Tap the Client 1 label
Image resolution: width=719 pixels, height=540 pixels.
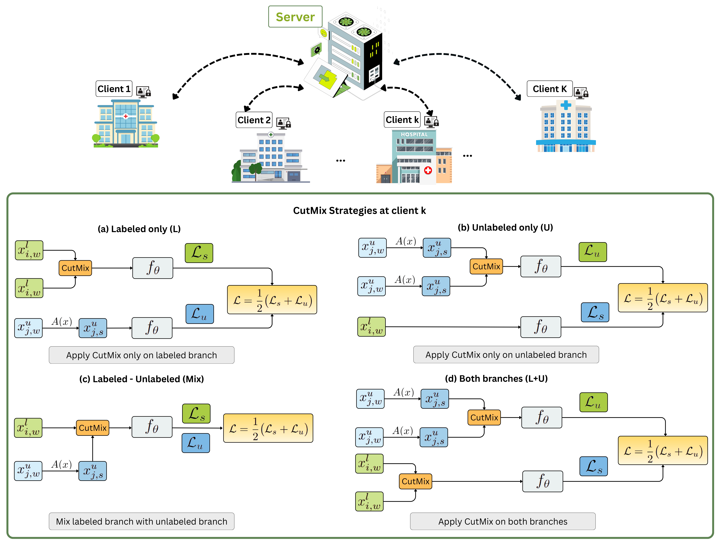114,89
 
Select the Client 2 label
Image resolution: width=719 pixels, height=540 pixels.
254,120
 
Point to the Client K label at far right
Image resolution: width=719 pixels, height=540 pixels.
549,89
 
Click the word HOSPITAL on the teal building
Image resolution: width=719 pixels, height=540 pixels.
414,134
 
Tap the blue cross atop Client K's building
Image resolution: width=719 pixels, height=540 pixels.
566,105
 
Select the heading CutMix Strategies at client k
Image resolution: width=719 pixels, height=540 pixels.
359,211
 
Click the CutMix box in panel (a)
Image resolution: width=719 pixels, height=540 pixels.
75,268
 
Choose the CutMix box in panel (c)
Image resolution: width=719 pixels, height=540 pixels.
93,428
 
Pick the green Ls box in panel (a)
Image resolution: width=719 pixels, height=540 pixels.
199,253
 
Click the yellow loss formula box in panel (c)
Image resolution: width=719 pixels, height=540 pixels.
268,428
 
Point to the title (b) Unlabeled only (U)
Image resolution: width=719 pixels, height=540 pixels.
505,227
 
